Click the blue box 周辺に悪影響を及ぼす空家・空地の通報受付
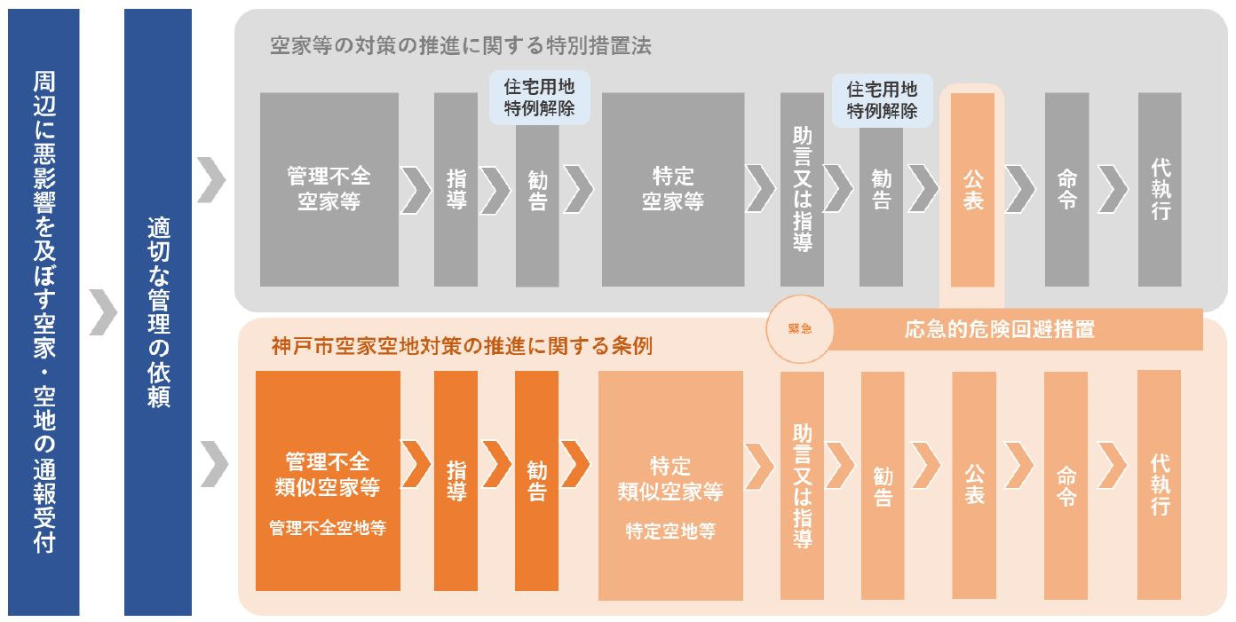(44, 311)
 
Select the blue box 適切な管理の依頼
(158, 311)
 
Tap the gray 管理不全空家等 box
(329, 189)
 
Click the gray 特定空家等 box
(672, 189)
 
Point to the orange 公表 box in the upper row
(972, 189)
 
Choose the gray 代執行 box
(1160, 189)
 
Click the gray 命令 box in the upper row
(1066, 189)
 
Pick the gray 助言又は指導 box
(802, 189)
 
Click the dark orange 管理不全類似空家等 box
(328, 481)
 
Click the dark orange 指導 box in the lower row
(456, 481)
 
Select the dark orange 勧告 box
(536, 481)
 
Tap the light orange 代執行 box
(1159, 484)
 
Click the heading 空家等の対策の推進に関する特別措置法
(460, 46)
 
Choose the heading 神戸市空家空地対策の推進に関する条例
(462, 346)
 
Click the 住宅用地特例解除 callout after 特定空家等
(881, 100)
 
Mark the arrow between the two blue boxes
(103, 312)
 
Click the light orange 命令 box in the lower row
(1066, 484)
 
